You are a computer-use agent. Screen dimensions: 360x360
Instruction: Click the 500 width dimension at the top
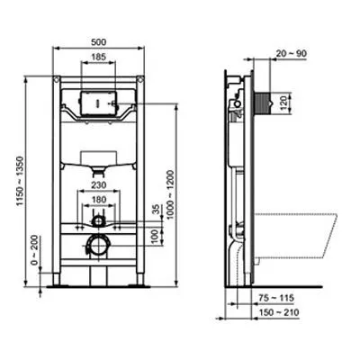(x=101, y=40)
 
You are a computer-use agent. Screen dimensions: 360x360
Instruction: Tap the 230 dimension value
(x=101, y=185)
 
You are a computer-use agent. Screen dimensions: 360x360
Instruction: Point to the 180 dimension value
(x=101, y=199)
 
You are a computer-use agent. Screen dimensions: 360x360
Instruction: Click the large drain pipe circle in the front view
(x=100, y=245)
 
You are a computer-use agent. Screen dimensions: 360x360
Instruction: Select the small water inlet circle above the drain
(x=100, y=219)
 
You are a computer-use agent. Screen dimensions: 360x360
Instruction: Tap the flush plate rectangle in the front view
(x=100, y=102)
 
